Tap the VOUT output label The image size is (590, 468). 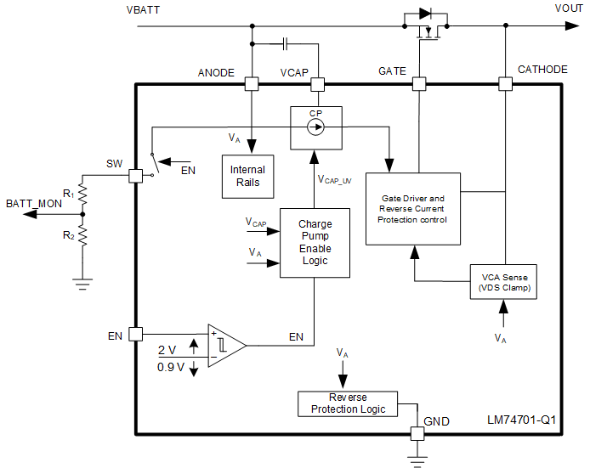point(569,8)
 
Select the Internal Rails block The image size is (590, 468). point(247,176)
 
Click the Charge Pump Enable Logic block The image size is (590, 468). point(315,242)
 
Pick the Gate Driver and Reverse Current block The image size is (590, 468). point(412,209)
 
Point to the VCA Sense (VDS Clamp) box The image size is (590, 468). point(503,284)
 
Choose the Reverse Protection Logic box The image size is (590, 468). point(348,403)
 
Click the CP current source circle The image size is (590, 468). point(315,127)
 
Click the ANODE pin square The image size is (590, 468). point(252,84)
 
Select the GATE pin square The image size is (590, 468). point(418,84)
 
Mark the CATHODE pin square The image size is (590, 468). point(505,84)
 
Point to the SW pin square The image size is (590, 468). point(135,176)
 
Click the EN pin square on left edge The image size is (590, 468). point(135,335)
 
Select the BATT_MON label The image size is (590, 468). point(33,203)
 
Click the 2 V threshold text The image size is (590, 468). point(167,349)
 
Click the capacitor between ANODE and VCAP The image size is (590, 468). point(286,42)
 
